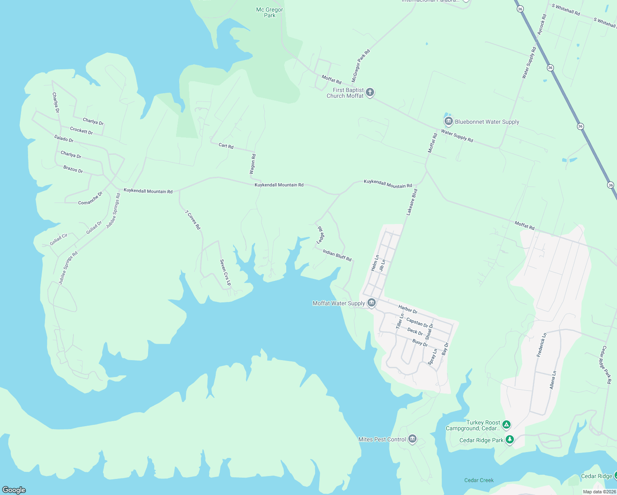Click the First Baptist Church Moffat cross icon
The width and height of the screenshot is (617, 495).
370,92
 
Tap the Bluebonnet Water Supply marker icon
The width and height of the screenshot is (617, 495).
448,122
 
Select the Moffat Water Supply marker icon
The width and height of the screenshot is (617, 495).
371,303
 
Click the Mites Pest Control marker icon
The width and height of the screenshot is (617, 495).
412,439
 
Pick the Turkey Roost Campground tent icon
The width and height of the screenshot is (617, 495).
506,424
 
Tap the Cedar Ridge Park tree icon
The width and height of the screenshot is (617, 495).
510,440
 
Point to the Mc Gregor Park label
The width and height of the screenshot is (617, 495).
270,12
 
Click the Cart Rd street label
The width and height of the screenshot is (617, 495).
226,146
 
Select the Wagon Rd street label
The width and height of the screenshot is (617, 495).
253,164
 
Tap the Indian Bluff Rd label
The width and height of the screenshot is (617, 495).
337,255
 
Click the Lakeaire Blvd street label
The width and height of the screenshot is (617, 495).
412,202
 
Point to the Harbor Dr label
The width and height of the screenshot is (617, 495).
408,309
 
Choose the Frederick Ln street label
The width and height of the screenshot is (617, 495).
542,345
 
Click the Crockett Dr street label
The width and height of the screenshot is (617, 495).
81,131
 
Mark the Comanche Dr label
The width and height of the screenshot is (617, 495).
90,198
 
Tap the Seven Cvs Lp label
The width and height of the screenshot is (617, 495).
225,272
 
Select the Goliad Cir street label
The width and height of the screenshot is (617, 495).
59,240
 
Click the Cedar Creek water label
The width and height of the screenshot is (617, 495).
479,480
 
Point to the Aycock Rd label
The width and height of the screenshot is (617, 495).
542,24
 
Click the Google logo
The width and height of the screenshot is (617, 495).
14,490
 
